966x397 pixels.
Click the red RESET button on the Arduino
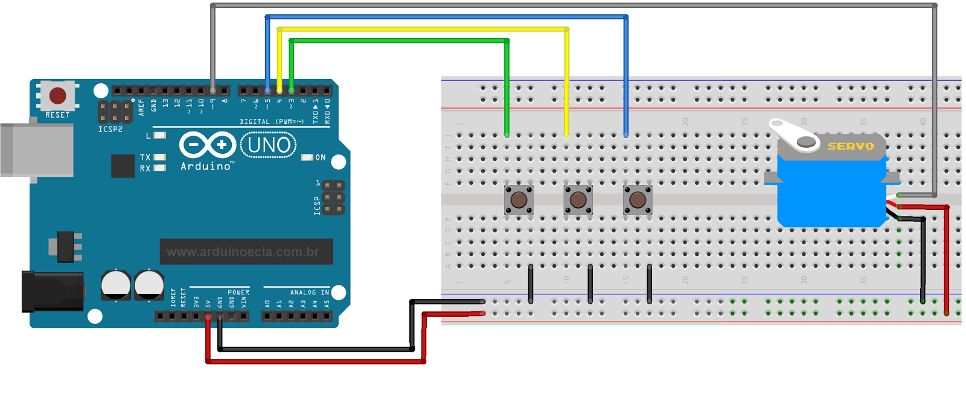57,95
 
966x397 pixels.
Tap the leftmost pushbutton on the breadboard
519,200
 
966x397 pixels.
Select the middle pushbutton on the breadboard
578,200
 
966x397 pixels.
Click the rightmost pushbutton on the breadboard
638,200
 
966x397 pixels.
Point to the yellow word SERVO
850,146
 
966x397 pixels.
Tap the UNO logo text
269,145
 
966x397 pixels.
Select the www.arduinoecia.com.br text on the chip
243,252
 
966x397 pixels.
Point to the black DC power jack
52,291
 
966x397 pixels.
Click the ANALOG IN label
309,293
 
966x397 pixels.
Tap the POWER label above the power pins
238,293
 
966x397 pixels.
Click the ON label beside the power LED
320,157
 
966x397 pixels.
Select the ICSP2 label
110,129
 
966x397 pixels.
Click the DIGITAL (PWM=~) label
271,121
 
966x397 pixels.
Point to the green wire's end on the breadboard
507,135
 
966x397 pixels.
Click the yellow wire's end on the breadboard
566,135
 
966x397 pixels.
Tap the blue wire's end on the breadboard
625,135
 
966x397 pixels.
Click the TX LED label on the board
145,157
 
